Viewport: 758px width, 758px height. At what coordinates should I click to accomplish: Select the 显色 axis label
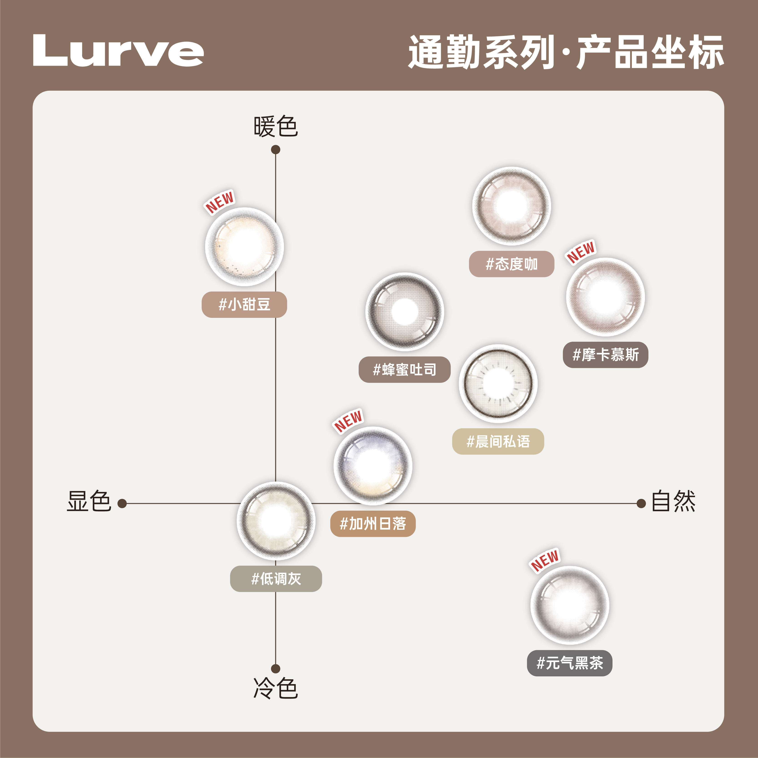89,501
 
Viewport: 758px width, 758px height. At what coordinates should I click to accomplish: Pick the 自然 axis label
673,501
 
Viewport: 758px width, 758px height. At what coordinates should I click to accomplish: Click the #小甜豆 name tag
244,304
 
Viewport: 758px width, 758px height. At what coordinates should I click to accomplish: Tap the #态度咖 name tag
511,264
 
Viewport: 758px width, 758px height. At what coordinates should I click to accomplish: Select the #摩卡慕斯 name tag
605,355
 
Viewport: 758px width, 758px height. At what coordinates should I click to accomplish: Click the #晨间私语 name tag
498,441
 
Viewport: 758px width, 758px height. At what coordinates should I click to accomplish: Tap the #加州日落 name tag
373,524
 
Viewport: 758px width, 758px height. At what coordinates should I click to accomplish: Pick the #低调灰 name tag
276,579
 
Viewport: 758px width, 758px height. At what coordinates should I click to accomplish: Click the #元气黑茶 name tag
569,663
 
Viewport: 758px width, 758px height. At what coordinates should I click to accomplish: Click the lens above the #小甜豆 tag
244,247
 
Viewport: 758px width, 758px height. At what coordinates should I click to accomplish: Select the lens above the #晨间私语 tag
498,383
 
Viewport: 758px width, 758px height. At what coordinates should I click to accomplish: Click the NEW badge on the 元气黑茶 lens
545,560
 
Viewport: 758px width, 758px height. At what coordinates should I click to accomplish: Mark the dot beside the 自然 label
641,503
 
